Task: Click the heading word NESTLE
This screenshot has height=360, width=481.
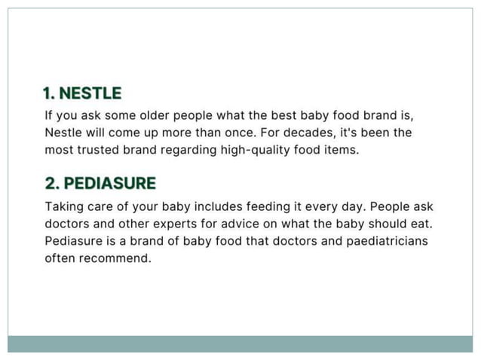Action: pyautogui.click(x=90, y=93)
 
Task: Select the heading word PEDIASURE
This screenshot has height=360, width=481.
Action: pyautogui.click(x=110, y=183)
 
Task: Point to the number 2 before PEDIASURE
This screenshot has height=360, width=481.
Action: pyautogui.click(x=51, y=183)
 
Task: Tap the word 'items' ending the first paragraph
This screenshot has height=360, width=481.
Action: pyautogui.click(x=341, y=149)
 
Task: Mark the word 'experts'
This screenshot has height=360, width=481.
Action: pyautogui.click(x=177, y=224)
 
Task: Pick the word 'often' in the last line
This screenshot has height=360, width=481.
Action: pyautogui.click(x=59, y=258)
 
